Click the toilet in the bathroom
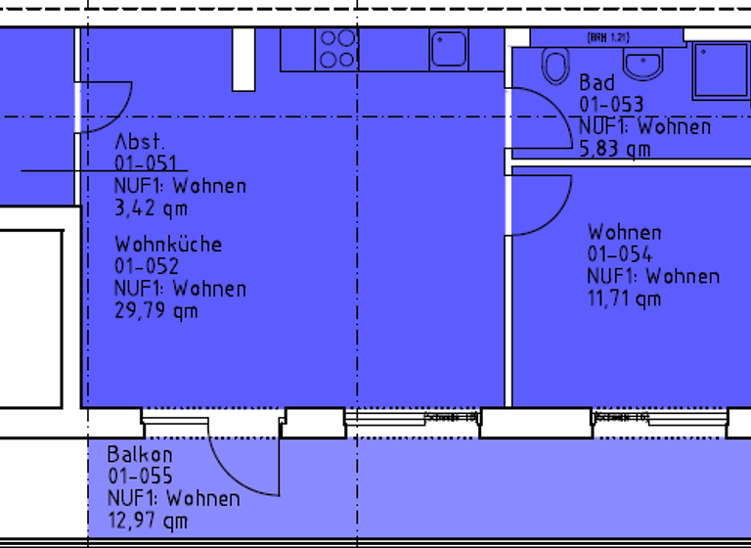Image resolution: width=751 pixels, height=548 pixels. [x=555, y=66]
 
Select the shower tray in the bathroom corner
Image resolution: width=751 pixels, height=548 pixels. [x=720, y=69]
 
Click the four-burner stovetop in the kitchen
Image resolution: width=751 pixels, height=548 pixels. [x=337, y=49]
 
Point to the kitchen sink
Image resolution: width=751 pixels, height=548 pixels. [x=449, y=49]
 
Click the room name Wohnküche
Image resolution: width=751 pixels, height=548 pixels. [x=168, y=244]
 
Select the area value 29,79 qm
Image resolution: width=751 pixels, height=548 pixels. [x=156, y=310]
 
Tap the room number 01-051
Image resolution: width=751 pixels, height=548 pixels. [x=146, y=163]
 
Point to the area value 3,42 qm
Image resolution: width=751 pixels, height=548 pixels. [x=151, y=207]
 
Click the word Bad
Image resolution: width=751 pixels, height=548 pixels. [x=596, y=83]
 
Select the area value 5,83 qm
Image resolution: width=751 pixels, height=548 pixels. [x=614, y=149]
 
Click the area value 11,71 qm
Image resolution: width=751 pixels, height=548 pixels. [x=624, y=298]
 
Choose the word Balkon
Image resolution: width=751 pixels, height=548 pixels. [x=140, y=455]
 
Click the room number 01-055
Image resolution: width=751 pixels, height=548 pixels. [x=140, y=477]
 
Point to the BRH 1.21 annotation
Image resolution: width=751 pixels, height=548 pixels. [x=607, y=37]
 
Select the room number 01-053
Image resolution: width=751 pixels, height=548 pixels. [x=611, y=105]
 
